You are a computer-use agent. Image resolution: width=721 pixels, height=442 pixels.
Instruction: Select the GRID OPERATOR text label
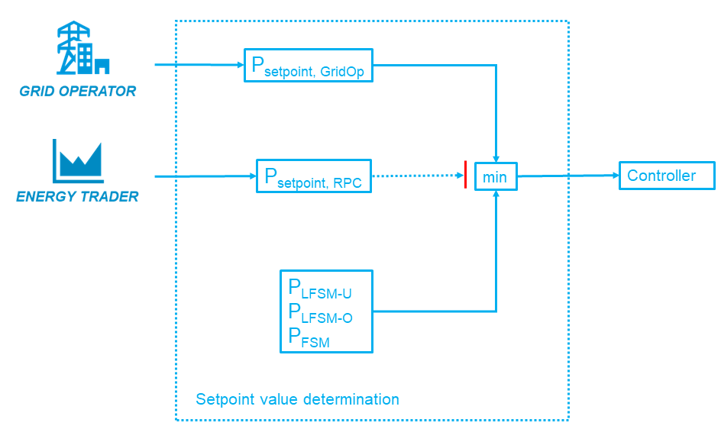click(78, 92)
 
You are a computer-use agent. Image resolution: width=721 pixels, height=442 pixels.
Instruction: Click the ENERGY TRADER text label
click(78, 196)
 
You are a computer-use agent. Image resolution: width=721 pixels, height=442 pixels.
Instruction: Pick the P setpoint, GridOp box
click(308, 65)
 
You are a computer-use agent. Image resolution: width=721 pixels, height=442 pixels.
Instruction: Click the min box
click(496, 177)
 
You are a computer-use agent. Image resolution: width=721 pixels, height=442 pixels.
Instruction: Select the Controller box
click(666, 176)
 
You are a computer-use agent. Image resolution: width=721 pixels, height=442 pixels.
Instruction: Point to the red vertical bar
click(465, 176)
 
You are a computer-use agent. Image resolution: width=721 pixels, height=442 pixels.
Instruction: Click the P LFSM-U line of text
click(319, 289)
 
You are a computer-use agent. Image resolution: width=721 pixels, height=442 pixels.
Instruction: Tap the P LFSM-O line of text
click(319, 314)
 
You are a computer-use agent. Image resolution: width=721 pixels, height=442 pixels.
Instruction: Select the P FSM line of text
click(309, 338)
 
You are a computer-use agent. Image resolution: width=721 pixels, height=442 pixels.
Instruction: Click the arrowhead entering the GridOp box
click(240, 65)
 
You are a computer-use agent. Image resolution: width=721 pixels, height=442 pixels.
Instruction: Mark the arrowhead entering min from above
click(496, 157)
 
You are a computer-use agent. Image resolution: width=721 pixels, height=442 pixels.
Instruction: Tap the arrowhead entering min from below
click(496, 195)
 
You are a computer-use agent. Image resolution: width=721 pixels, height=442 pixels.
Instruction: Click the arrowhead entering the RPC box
click(252, 176)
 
